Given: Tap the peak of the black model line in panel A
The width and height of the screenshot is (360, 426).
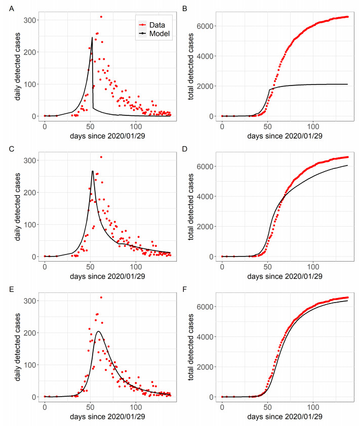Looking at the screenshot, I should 92,37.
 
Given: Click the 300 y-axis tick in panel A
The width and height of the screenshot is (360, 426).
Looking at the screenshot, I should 28,20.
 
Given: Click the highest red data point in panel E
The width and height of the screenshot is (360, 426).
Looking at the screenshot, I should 101,297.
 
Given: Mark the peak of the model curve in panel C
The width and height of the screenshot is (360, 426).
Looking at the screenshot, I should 93,171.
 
